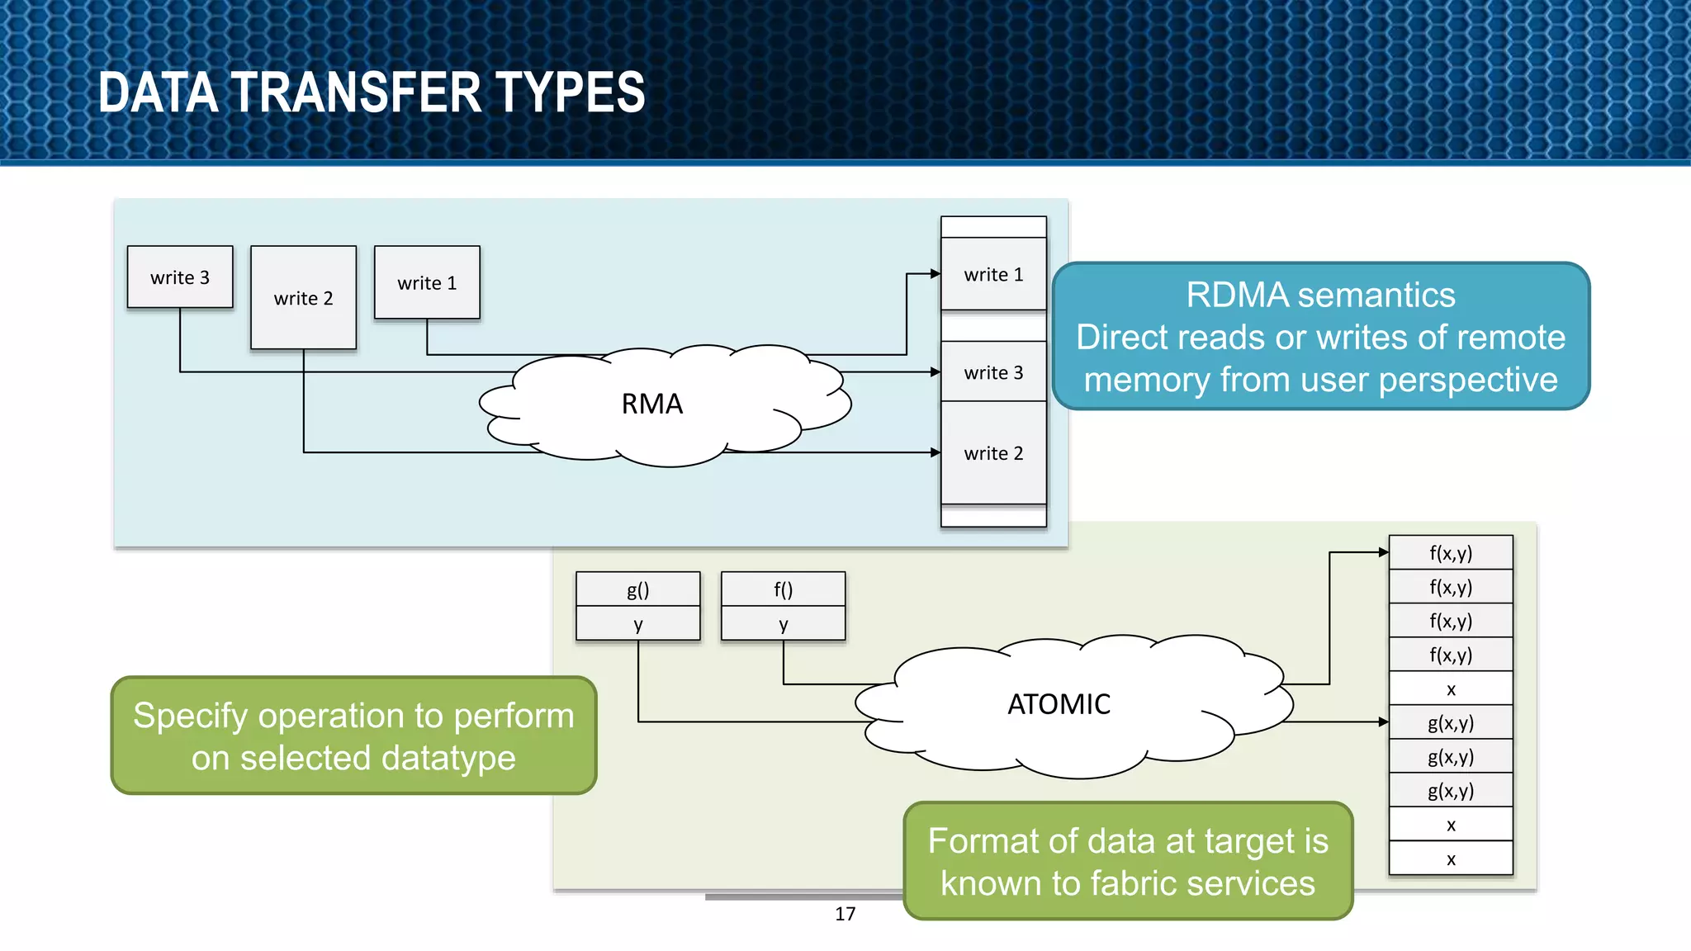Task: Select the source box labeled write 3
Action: tap(180, 277)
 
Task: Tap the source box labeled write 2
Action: tap(303, 298)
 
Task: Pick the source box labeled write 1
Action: tap(427, 282)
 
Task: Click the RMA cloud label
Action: tap(651, 404)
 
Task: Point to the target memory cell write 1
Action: tap(993, 274)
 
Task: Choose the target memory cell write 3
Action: tap(993, 372)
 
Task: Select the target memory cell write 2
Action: tap(993, 453)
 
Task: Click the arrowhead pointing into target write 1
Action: tap(935, 274)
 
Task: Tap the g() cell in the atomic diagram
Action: tap(637, 589)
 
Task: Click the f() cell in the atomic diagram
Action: tap(783, 589)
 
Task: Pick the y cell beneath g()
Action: tap(637, 624)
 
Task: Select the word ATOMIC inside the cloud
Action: tap(1059, 704)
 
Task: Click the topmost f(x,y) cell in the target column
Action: tap(1451, 553)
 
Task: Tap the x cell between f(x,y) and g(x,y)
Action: tap(1451, 688)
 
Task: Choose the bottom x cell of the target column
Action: tap(1451, 859)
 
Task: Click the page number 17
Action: tap(845, 914)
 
